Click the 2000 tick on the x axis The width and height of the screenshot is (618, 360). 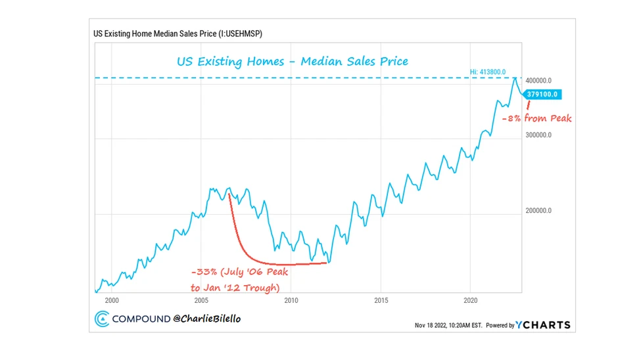(x=112, y=300)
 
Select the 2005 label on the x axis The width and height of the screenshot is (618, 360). (x=201, y=300)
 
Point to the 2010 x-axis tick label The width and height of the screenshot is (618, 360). (x=291, y=300)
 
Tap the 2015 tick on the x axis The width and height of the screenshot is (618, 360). (x=381, y=300)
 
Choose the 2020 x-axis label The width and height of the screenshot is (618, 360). (x=470, y=300)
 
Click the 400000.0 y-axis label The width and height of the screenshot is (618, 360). (x=543, y=80)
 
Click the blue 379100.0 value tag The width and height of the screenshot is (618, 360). (x=543, y=94)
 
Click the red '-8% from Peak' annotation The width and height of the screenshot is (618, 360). (x=536, y=119)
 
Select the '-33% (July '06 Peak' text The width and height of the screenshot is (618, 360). (x=239, y=272)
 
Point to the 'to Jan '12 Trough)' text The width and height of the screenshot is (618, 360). (x=235, y=288)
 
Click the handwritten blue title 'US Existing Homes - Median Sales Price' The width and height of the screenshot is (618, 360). (x=292, y=61)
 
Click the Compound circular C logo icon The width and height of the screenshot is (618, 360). (x=102, y=319)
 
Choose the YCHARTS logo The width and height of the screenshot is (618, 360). (x=543, y=325)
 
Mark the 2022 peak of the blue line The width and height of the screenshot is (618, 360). (x=515, y=78)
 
